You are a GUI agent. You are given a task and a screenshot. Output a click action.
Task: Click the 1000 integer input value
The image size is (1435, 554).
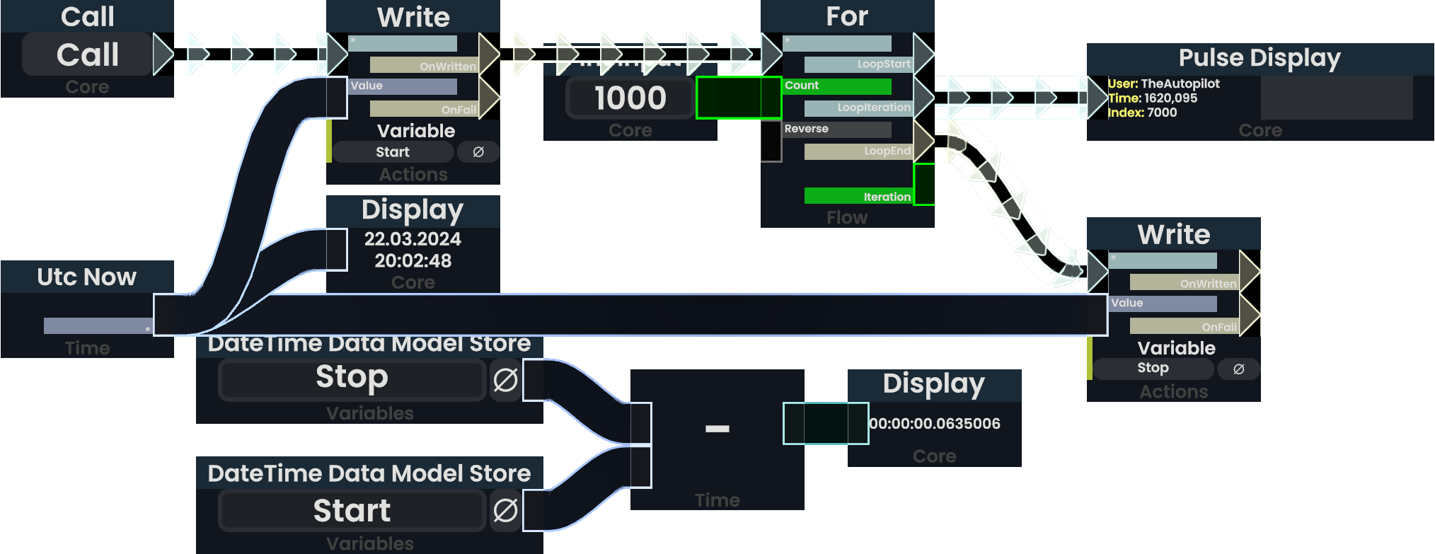630,98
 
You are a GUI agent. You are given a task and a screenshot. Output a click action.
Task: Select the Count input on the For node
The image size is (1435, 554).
836,86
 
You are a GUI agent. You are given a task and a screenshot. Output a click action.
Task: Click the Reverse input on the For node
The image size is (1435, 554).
836,129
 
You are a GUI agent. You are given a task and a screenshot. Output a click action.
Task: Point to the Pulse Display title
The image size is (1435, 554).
1260,58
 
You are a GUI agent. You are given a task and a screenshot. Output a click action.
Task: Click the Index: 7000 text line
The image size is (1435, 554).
1142,112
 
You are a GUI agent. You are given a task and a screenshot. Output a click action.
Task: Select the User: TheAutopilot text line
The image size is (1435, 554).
1163,83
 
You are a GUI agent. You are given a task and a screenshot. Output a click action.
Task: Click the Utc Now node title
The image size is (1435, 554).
86,277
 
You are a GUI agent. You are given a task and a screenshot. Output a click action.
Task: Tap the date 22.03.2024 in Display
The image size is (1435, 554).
413,239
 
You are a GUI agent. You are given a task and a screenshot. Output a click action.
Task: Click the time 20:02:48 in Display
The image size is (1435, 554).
413,261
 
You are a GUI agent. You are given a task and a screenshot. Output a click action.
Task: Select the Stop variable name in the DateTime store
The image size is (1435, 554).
352,378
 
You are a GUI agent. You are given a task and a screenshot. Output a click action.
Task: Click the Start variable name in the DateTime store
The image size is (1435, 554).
352,511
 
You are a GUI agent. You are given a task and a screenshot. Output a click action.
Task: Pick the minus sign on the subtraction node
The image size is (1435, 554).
717,428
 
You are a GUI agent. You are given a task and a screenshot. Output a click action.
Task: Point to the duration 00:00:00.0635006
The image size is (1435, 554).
935,424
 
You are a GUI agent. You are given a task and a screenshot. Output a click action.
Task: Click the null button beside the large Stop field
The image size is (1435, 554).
505,380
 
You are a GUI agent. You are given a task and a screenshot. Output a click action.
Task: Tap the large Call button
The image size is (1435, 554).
87,55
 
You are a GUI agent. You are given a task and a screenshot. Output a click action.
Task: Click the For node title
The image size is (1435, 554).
847,16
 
